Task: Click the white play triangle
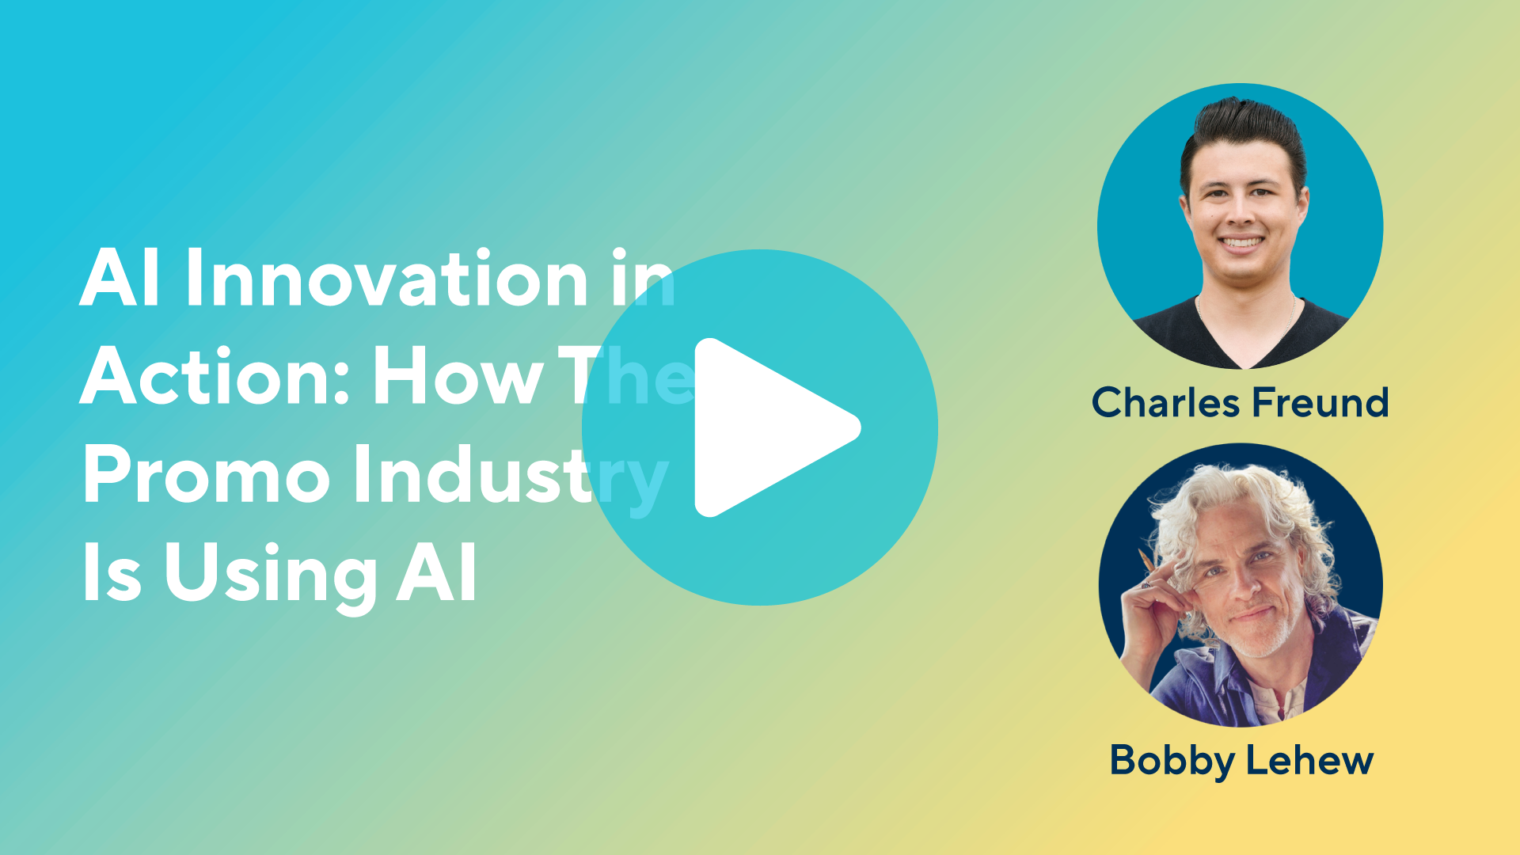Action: [768, 427]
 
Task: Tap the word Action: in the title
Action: [215, 377]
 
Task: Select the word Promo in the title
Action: [206, 475]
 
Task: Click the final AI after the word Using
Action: [437, 572]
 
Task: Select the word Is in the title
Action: [112, 572]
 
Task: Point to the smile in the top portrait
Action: [1241, 243]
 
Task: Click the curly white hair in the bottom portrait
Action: [1235, 515]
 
